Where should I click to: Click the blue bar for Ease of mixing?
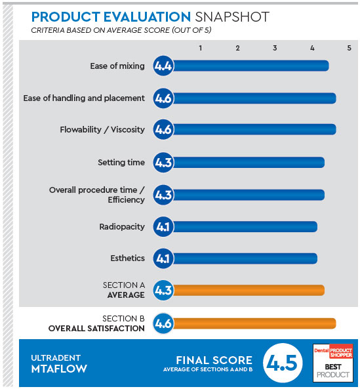[x=250, y=66]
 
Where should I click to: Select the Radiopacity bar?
[x=245, y=227]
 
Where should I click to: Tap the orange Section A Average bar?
[x=248, y=290]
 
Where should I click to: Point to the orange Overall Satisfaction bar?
[x=254, y=323]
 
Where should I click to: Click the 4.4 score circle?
[x=163, y=66]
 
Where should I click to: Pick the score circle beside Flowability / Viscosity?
[x=163, y=129]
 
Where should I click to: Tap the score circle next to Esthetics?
[x=163, y=258]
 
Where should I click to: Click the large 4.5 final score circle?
[x=283, y=363]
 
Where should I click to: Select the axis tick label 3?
[x=275, y=48]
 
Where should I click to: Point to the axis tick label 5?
[x=349, y=48]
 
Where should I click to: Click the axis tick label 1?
[x=201, y=48]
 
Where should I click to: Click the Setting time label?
[x=121, y=163]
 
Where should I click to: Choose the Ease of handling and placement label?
[x=84, y=98]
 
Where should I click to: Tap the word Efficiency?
[x=126, y=199]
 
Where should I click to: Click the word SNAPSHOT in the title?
[x=232, y=17]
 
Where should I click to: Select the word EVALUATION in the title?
[x=147, y=17]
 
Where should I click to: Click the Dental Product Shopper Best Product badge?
[x=333, y=363]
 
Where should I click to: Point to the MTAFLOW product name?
[x=59, y=369]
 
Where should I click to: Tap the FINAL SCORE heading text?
[x=214, y=360]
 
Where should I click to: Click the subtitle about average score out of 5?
[x=121, y=30]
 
